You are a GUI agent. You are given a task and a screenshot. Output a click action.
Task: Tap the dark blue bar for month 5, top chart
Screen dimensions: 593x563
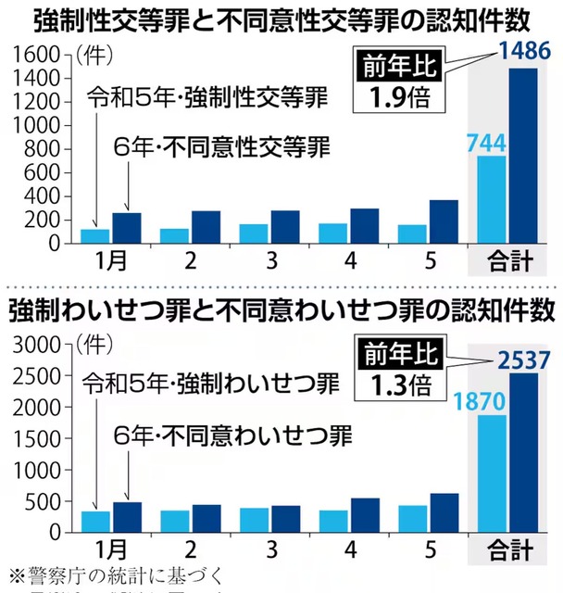coord(443,221)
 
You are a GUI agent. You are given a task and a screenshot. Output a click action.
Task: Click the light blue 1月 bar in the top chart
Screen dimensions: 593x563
coord(96,236)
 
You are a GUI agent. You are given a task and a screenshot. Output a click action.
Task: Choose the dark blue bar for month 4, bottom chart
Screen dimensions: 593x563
coord(364,518)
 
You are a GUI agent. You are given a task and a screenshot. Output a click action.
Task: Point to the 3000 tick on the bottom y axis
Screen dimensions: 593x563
coord(38,345)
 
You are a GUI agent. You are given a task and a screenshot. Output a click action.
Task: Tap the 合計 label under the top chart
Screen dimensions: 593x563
coord(506,261)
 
